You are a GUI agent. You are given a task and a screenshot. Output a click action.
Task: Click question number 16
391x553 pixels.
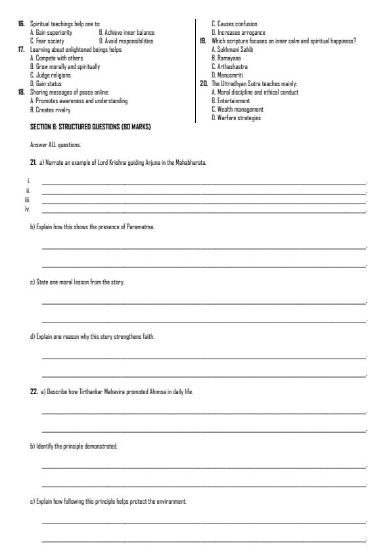click(21, 24)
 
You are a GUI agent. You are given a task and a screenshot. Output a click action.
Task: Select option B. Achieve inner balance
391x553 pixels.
click(127, 32)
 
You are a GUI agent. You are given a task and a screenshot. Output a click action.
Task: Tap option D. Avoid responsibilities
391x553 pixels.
click(126, 40)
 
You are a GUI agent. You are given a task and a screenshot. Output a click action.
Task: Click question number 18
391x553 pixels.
click(21, 92)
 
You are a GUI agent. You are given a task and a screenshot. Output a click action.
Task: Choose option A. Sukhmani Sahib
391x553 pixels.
click(233, 49)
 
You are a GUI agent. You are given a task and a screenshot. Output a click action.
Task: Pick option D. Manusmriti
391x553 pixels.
click(227, 75)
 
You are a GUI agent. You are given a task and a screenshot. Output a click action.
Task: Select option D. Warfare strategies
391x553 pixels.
click(235, 118)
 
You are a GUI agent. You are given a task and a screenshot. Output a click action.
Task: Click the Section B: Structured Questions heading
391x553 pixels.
click(90, 126)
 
